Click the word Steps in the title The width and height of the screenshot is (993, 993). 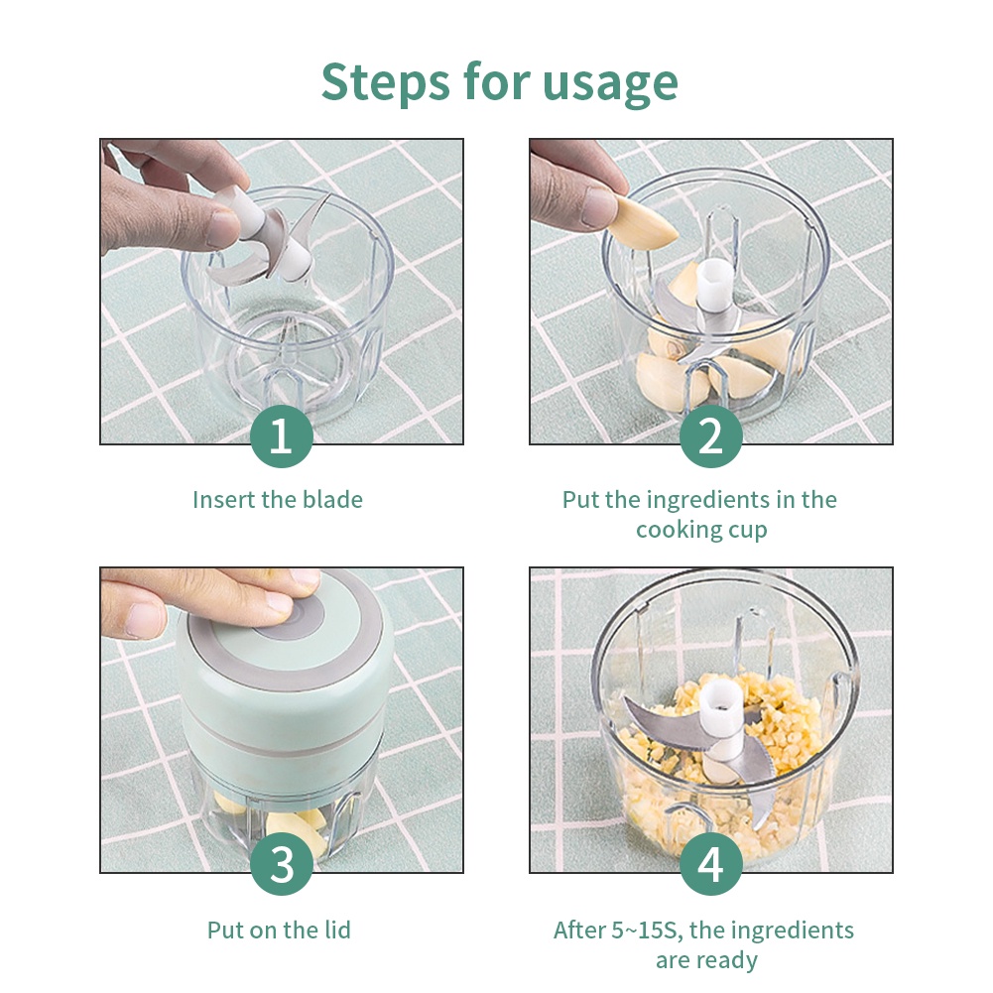coord(385,82)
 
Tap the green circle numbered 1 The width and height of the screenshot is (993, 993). coord(281,436)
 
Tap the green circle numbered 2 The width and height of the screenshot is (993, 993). coord(710,436)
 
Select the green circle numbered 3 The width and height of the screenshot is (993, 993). coord(281,864)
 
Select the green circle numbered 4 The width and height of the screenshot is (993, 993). coord(710,864)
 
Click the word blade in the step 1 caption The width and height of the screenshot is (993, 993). coord(332,500)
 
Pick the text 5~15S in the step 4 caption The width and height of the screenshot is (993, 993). coord(647,931)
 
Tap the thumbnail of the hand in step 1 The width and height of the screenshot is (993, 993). coord(224,229)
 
